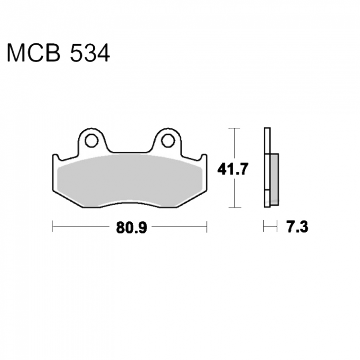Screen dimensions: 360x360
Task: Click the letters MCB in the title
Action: click(x=34, y=53)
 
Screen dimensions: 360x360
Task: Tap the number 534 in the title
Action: click(x=90, y=53)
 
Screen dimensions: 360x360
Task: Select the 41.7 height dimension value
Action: click(x=233, y=169)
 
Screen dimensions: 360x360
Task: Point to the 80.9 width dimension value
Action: click(x=131, y=227)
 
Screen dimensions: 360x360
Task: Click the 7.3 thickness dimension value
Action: click(x=297, y=227)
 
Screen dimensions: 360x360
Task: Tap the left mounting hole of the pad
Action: click(x=91, y=140)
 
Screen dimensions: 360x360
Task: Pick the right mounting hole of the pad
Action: click(x=168, y=140)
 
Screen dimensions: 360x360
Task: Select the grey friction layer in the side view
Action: click(x=274, y=179)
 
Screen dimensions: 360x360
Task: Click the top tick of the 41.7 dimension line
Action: click(x=234, y=128)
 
